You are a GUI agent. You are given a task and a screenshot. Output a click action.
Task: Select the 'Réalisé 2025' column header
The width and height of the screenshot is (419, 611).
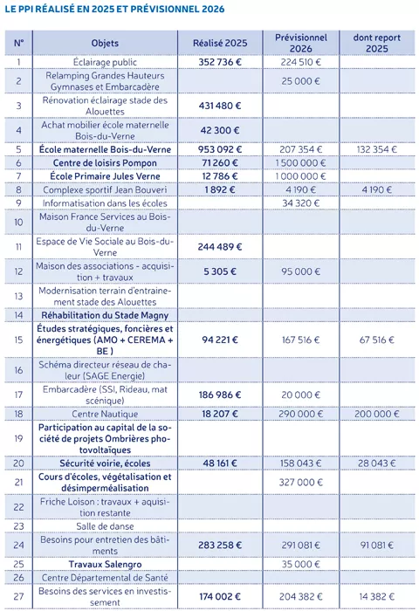click(x=220, y=44)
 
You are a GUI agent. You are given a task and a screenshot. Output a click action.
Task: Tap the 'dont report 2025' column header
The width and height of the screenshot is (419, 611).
click(x=377, y=44)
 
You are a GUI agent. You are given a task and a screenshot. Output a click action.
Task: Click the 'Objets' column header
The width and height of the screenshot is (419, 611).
click(x=110, y=44)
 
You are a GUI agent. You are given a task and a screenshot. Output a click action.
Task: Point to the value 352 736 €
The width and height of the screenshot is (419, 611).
click(x=220, y=63)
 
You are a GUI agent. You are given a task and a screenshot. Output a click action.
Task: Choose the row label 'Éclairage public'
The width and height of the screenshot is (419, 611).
click(x=110, y=63)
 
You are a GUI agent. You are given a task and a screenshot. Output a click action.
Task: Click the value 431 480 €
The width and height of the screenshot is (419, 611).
click(x=220, y=106)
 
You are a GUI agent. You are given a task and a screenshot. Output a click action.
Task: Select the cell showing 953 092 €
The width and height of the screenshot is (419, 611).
click(x=220, y=150)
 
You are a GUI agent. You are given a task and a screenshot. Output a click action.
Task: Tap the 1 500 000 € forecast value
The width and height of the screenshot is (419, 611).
click(x=301, y=163)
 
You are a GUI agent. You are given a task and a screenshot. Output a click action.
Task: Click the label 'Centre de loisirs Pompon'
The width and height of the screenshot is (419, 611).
click(x=110, y=163)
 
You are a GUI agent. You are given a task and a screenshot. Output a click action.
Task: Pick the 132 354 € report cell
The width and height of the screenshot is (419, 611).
click(x=377, y=150)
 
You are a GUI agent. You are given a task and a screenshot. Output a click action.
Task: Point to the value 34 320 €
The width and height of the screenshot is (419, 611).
click(x=301, y=203)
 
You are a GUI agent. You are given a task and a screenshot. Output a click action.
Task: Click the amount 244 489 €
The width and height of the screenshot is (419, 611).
click(x=220, y=247)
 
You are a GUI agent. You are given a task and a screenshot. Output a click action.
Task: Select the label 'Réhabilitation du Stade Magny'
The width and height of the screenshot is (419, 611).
click(x=110, y=314)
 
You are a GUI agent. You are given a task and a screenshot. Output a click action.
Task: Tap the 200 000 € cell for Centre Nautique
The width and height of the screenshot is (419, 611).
click(x=377, y=412)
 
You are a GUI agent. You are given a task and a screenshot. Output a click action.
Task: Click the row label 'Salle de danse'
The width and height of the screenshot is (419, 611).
click(x=110, y=525)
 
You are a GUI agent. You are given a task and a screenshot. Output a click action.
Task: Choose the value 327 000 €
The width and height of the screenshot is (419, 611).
click(x=301, y=482)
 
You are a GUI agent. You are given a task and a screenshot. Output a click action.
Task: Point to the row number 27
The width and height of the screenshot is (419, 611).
click(x=18, y=596)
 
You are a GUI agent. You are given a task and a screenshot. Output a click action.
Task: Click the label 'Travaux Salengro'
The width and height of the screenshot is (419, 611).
click(x=110, y=564)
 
